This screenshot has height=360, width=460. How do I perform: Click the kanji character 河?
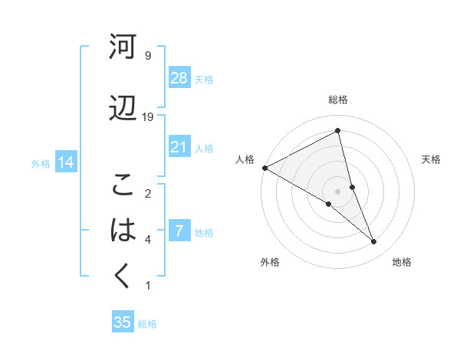click(123, 47)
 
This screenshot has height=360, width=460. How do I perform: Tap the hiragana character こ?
click(123, 185)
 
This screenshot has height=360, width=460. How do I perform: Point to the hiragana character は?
click(123, 231)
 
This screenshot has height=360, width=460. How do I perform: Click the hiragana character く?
click(123, 277)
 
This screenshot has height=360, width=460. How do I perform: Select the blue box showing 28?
click(179, 78)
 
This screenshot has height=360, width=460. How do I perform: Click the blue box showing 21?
click(179, 147)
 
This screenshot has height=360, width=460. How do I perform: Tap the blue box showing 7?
click(179, 231)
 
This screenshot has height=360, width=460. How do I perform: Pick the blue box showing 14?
click(65, 162)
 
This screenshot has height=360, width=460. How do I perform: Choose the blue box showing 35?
click(123, 322)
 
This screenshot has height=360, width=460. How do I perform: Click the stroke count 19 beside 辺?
click(148, 116)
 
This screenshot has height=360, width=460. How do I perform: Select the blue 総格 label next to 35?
click(147, 324)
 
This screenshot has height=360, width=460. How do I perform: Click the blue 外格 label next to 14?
click(41, 163)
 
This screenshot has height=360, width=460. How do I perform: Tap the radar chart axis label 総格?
click(338, 100)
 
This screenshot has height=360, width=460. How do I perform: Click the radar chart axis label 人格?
click(245, 159)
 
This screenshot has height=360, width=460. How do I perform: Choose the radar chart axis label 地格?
click(402, 262)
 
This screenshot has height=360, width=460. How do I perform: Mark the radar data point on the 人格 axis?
click(264, 167)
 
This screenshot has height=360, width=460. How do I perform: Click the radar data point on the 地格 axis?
click(374, 241)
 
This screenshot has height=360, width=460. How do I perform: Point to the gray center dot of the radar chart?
click(337, 190)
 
